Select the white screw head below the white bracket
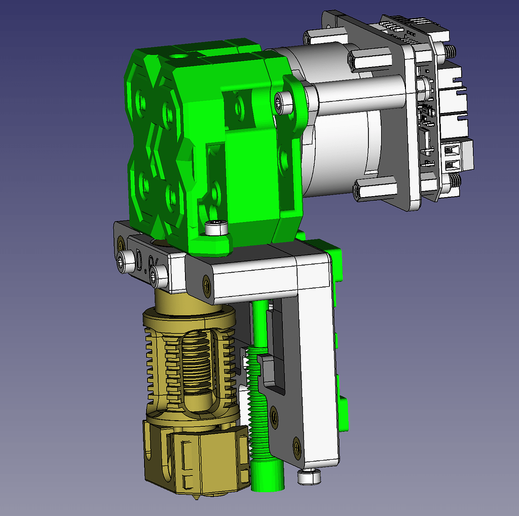[309, 476]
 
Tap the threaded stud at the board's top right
[449, 51]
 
